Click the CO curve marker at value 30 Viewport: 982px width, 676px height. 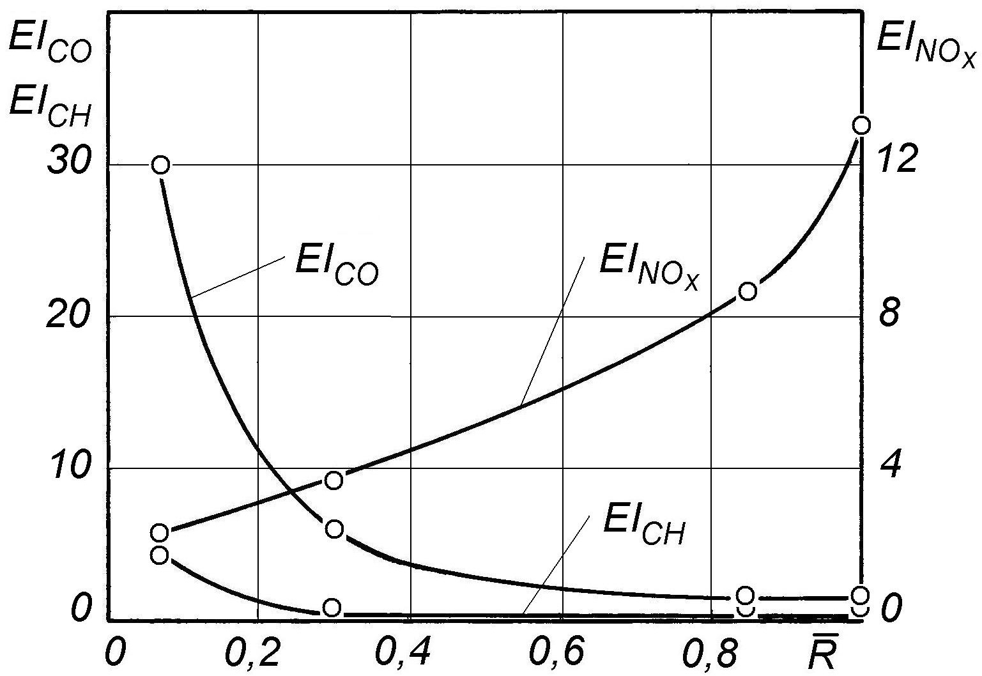tap(161, 165)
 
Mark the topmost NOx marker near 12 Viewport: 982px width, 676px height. tap(861, 125)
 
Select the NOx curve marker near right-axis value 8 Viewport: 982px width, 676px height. tap(748, 291)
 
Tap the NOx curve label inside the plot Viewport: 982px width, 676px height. tap(650, 271)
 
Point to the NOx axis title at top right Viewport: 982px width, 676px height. tap(926, 55)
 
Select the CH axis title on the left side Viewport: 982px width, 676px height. tap(50, 107)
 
